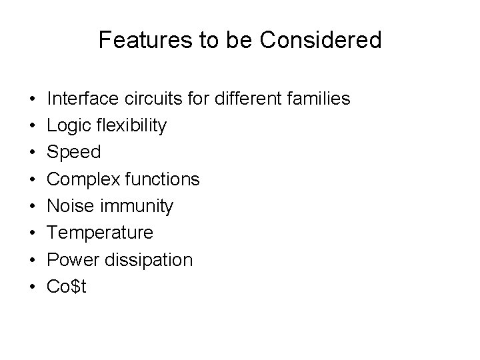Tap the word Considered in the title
tap(321, 41)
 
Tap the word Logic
tap(67, 125)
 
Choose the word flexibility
tap(130, 126)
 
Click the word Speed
tap(74, 153)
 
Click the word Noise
tap(68, 206)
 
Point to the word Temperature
tap(100, 233)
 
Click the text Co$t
tap(67, 287)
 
